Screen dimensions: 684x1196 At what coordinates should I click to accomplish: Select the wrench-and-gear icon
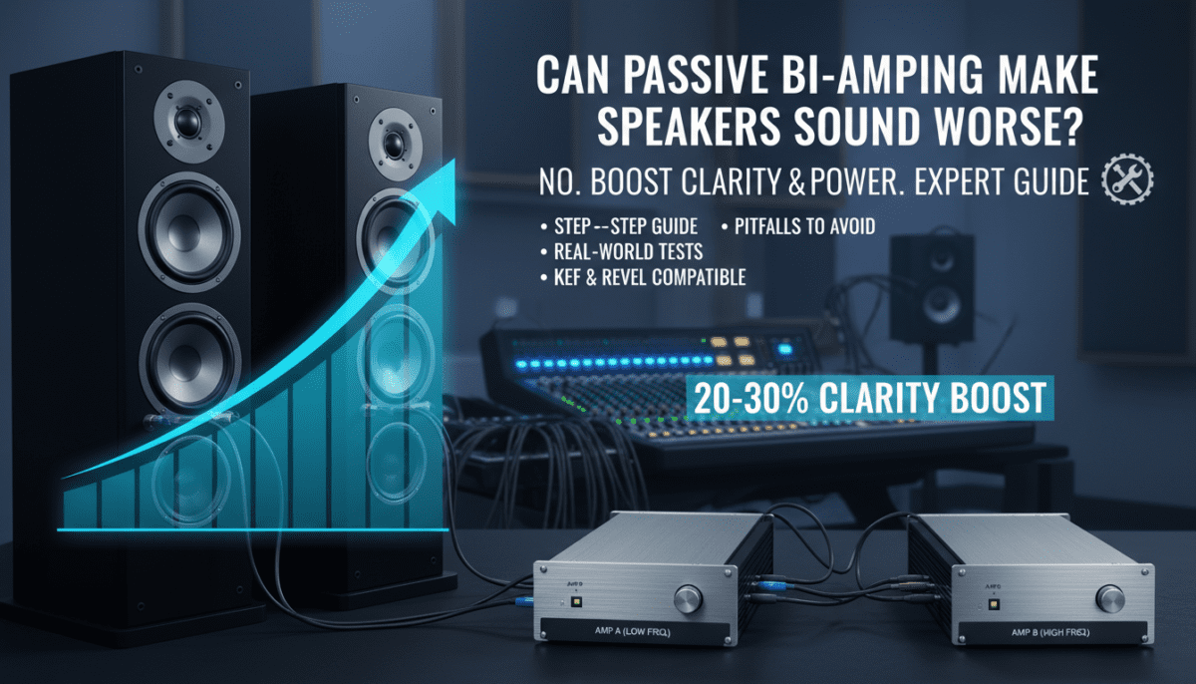coord(1128,181)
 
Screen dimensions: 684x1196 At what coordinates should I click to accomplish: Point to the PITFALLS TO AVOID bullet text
coord(804,227)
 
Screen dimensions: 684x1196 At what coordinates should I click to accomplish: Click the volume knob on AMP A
coord(688,599)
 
